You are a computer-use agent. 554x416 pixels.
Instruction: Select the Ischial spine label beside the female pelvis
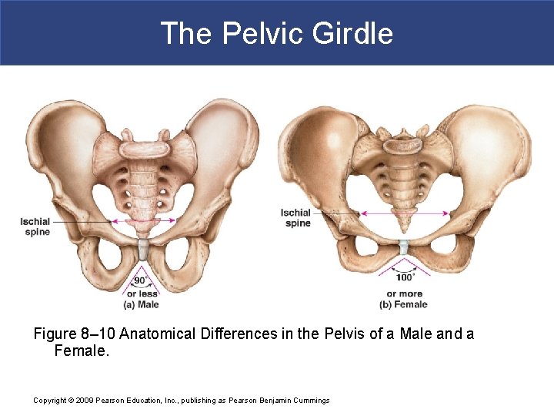[296, 218]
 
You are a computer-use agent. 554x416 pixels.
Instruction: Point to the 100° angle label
[405, 277]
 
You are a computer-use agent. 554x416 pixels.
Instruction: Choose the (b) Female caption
[403, 304]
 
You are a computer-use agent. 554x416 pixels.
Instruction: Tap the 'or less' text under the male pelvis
[142, 294]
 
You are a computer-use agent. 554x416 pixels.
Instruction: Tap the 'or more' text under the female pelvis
[404, 294]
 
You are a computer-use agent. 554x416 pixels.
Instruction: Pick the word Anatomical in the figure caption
[158, 334]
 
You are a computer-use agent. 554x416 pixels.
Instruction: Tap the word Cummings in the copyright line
[309, 401]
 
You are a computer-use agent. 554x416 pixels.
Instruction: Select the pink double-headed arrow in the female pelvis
[405, 213]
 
